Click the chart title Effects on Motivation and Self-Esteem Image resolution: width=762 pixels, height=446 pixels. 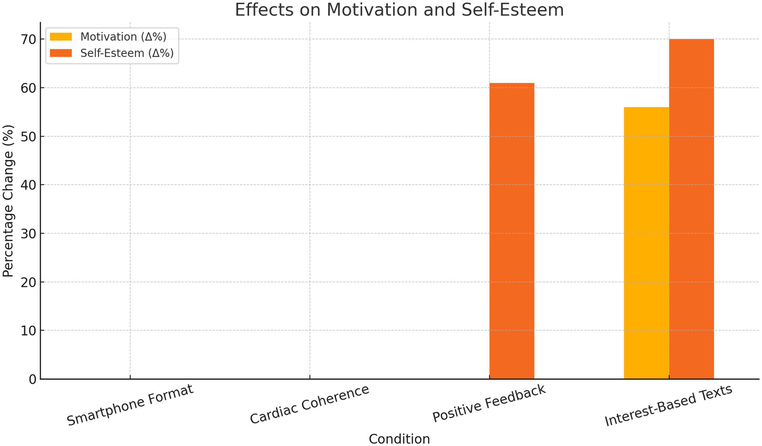coord(399,10)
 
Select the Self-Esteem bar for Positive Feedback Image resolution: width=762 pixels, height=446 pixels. coord(512,231)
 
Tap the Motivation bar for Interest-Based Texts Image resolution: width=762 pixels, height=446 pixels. coord(646,243)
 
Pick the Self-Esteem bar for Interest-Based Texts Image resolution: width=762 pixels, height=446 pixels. coord(692,209)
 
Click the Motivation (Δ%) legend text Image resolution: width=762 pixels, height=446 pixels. coord(123,37)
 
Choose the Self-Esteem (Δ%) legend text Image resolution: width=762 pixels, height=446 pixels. coord(127,53)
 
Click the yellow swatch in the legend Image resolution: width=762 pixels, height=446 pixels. coord(61,37)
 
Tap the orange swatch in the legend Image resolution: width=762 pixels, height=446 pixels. coord(61,53)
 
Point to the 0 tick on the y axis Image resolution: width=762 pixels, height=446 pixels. coord(32,380)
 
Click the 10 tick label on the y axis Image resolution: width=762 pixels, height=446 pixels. coord(29,331)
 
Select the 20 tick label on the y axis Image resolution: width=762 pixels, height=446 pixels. coord(29,282)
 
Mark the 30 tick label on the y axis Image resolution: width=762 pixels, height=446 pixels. coord(29,234)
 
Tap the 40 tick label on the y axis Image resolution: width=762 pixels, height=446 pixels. coord(29,185)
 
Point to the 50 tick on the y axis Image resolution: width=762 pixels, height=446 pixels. coord(29,137)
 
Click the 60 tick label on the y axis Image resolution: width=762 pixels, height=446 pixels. coord(29,88)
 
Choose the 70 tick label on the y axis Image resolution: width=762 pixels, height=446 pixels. coord(29,40)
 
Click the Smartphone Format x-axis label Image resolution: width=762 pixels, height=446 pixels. coord(130,405)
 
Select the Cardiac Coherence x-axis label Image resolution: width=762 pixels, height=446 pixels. coord(309,404)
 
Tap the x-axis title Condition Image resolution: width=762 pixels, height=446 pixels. coord(399,439)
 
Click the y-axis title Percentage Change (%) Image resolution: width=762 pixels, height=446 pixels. coord(8,200)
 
